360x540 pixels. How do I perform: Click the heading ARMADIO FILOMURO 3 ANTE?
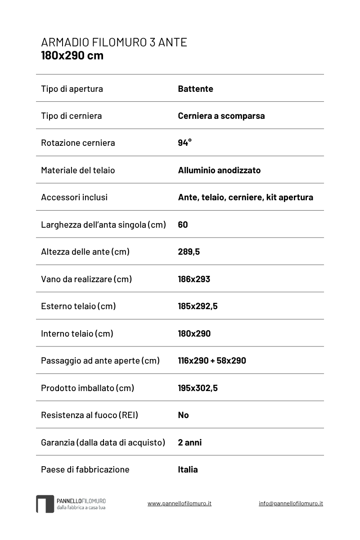114,43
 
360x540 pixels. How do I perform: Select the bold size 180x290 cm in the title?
72,55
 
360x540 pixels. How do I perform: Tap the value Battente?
195,89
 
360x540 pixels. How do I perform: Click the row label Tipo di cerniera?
71,116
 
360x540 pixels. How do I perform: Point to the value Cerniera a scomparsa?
221,116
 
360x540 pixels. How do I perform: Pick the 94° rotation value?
184,143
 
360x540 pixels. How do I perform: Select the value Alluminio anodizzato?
219,170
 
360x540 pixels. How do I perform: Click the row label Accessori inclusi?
74,197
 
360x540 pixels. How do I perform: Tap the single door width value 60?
183,225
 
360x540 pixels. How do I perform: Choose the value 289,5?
189,252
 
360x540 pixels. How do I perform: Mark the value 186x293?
194,279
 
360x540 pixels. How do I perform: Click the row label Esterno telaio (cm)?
78,306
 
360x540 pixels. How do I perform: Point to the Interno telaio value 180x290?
194,333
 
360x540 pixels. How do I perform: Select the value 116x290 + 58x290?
212,360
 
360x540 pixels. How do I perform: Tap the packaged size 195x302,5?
198,388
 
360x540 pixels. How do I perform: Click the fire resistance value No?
183,415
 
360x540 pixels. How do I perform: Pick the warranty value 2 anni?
189,442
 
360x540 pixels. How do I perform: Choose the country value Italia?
188,469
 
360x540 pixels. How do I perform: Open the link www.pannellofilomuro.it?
179,503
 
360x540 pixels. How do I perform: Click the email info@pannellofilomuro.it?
291,503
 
